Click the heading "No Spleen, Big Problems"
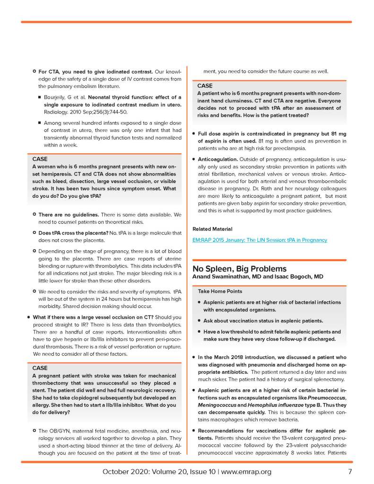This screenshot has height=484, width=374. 239,269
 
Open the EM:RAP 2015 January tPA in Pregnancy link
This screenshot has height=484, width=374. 260,240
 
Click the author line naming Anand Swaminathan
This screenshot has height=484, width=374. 258,276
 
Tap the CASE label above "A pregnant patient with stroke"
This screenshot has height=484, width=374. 40,368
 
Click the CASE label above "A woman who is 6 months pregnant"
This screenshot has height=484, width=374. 40,159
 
